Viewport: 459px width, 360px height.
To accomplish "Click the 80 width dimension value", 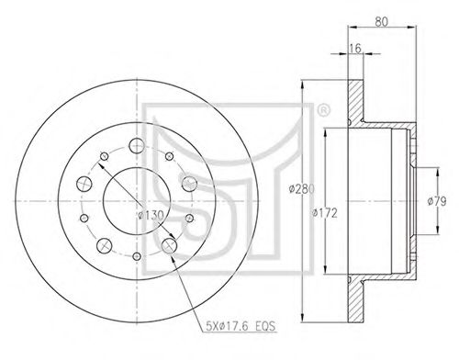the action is [x=381, y=21].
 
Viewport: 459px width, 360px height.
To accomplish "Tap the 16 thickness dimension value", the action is [x=355, y=48].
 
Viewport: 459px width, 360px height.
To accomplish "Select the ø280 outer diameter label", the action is [x=301, y=189].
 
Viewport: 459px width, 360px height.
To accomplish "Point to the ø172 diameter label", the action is [x=324, y=213].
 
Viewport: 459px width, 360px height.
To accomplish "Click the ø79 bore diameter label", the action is [x=437, y=201].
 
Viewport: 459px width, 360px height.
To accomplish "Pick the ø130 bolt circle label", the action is [x=151, y=216].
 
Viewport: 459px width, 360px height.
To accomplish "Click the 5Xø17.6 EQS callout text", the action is [x=241, y=326].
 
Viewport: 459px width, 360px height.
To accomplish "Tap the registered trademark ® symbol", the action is [x=323, y=110].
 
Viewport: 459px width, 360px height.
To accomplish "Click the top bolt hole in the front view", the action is [x=137, y=146].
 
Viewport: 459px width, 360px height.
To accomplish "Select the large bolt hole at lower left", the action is [x=105, y=245].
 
